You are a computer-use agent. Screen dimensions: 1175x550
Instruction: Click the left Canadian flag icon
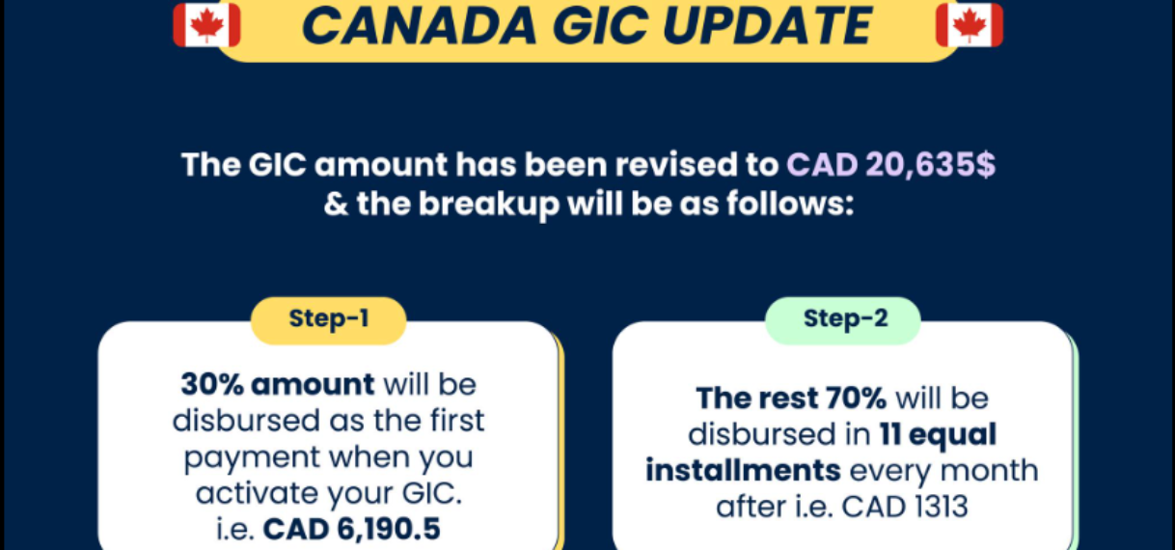206,25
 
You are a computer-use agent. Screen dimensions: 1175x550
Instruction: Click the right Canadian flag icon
970,25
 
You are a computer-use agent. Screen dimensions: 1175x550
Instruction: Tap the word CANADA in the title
420,26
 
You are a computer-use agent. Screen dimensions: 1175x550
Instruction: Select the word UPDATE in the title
767,26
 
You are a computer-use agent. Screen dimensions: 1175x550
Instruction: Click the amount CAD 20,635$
890,165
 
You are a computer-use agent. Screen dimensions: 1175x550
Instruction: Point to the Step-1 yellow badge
329,320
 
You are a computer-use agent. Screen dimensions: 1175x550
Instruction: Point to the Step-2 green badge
843,320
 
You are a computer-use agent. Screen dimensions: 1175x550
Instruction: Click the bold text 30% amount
278,384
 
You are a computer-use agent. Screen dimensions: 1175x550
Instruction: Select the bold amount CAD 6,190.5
351,529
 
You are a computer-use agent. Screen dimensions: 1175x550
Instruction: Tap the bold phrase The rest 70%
791,399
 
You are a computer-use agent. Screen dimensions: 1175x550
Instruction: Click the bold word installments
743,470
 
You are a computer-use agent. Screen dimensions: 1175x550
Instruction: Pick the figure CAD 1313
905,507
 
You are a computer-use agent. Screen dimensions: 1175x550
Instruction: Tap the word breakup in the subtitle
489,205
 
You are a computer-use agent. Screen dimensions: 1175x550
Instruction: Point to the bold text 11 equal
938,434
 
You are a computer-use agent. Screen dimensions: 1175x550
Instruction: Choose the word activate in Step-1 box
258,493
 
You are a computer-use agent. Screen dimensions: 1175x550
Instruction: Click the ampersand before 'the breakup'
336,205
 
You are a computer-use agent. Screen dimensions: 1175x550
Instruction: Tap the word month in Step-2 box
989,470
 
